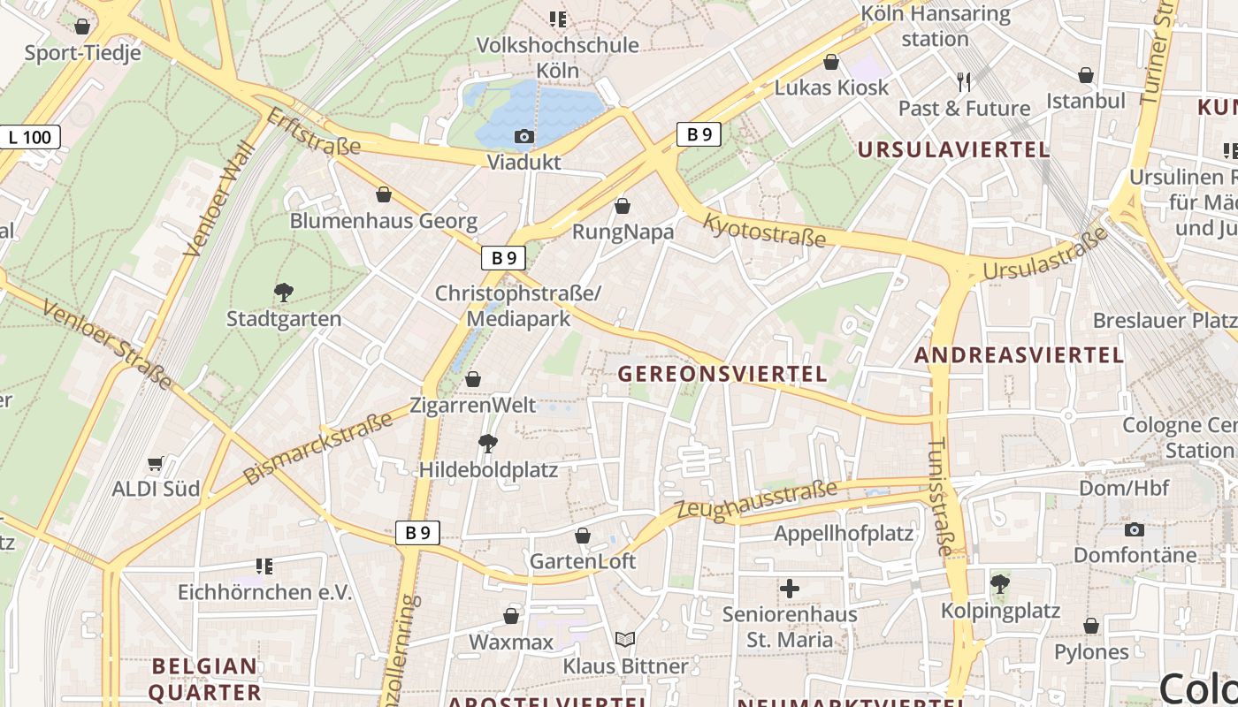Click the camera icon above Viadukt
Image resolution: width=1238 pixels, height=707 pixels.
click(x=524, y=136)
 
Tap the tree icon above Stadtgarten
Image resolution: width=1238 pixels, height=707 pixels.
click(x=284, y=292)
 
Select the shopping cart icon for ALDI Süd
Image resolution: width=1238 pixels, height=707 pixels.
click(x=156, y=463)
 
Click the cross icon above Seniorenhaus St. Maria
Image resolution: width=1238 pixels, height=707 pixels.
click(x=790, y=588)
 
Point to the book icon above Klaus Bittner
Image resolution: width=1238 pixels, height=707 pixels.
click(x=625, y=639)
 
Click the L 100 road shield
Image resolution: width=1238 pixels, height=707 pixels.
click(x=30, y=137)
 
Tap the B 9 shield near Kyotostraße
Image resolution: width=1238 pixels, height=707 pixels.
click(x=699, y=134)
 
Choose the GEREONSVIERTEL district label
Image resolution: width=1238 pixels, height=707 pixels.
click(x=722, y=374)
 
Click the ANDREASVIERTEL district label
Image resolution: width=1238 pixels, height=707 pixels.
click(x=1019, y=355)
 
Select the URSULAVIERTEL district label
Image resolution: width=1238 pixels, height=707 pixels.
click(x=953, y=149)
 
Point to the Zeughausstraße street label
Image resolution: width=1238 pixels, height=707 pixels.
click(x=756, y=501)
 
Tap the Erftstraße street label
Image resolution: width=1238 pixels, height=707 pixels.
click(x=313, y=132)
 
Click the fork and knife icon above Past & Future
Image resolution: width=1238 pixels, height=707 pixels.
click(x=964, y=82)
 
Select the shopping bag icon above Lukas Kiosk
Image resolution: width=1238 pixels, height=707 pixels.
click(x=831, y=62)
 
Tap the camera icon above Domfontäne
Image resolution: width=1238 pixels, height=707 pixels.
click(x=1135, y=529)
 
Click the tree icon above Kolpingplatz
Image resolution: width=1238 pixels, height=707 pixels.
click(x=1000, y=584)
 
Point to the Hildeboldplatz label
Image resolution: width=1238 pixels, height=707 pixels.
click(x=488, y=469)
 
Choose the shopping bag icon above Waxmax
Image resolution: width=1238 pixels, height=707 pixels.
click(x=511, y=616)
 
